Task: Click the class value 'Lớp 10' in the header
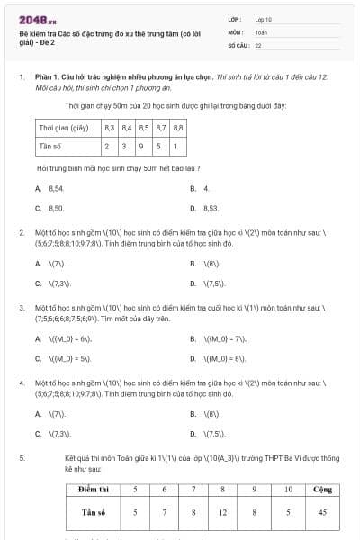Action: pos(264,18)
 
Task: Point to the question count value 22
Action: pos(258,44)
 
